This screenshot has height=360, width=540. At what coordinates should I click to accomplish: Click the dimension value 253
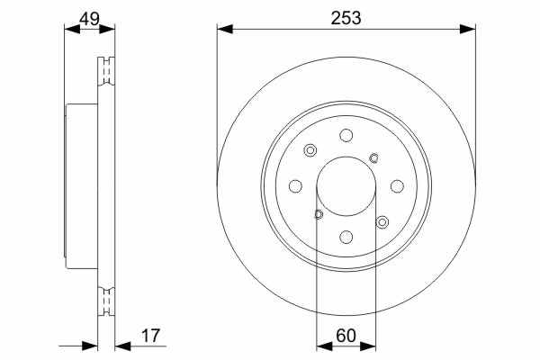(346, 18)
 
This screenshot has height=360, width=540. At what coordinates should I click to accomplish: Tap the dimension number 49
(89, 19)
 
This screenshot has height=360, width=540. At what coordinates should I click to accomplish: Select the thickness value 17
(151, 336)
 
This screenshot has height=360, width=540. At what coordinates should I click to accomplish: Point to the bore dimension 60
(346, 336)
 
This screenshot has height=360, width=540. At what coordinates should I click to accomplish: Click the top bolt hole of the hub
(346, 135)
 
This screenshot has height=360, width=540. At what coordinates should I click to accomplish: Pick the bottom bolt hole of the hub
(346, 237)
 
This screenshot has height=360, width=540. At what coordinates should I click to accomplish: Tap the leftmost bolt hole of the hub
(295, 186)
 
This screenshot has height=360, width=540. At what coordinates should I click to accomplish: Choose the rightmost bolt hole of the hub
(397, 186)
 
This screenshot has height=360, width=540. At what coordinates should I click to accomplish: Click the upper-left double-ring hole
(310, 150)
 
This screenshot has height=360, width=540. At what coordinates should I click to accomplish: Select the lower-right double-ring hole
(382, 222)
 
